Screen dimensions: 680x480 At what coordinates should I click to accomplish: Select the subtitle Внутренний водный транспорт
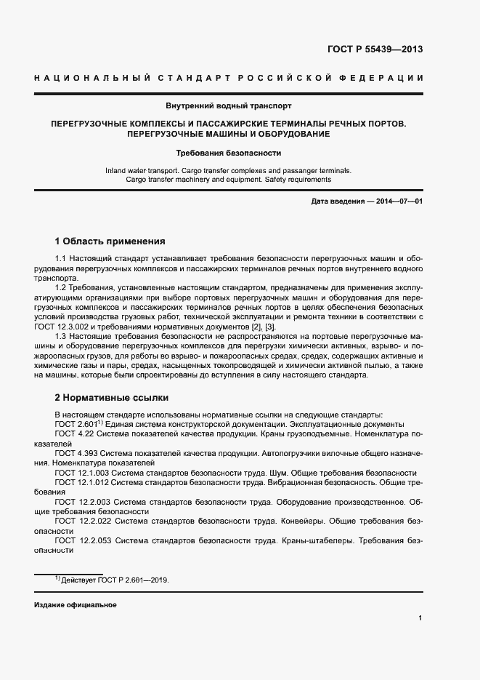coord(229,105)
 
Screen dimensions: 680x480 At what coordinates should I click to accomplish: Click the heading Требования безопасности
coord(229,153)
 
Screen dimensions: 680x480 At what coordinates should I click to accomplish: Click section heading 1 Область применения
coord(110,241)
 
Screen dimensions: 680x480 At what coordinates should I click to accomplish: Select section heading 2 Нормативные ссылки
coord(112,398)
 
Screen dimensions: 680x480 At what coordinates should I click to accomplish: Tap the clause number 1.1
coord(61,259)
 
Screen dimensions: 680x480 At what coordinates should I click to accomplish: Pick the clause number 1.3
coord(61,337)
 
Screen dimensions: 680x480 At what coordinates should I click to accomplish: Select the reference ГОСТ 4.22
coord(76,433)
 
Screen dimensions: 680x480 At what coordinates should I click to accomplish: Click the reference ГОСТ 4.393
coord(78,453)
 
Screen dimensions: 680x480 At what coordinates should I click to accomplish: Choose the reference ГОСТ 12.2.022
coord(83,521)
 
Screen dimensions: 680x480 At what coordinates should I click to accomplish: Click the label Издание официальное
coord(75,605)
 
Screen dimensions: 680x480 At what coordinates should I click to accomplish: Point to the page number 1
coord(420,618)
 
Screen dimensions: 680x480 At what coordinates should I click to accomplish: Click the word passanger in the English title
coord(278,170)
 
